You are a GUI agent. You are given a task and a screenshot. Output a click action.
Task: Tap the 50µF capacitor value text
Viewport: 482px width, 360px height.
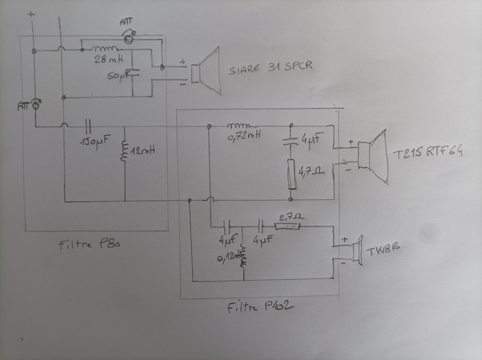[117, 76]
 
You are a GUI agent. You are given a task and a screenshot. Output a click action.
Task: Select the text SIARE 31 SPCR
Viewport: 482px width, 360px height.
[270, 68]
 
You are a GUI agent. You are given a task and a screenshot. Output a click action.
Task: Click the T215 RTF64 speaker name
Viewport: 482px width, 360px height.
[427, 152]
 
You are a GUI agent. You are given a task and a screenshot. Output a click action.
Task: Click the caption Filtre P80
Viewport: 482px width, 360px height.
[89, 245]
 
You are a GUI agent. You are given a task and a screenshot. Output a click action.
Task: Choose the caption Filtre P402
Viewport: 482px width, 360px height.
[260, 308]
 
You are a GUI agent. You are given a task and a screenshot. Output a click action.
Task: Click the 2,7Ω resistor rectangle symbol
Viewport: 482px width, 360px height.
[287, 226]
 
